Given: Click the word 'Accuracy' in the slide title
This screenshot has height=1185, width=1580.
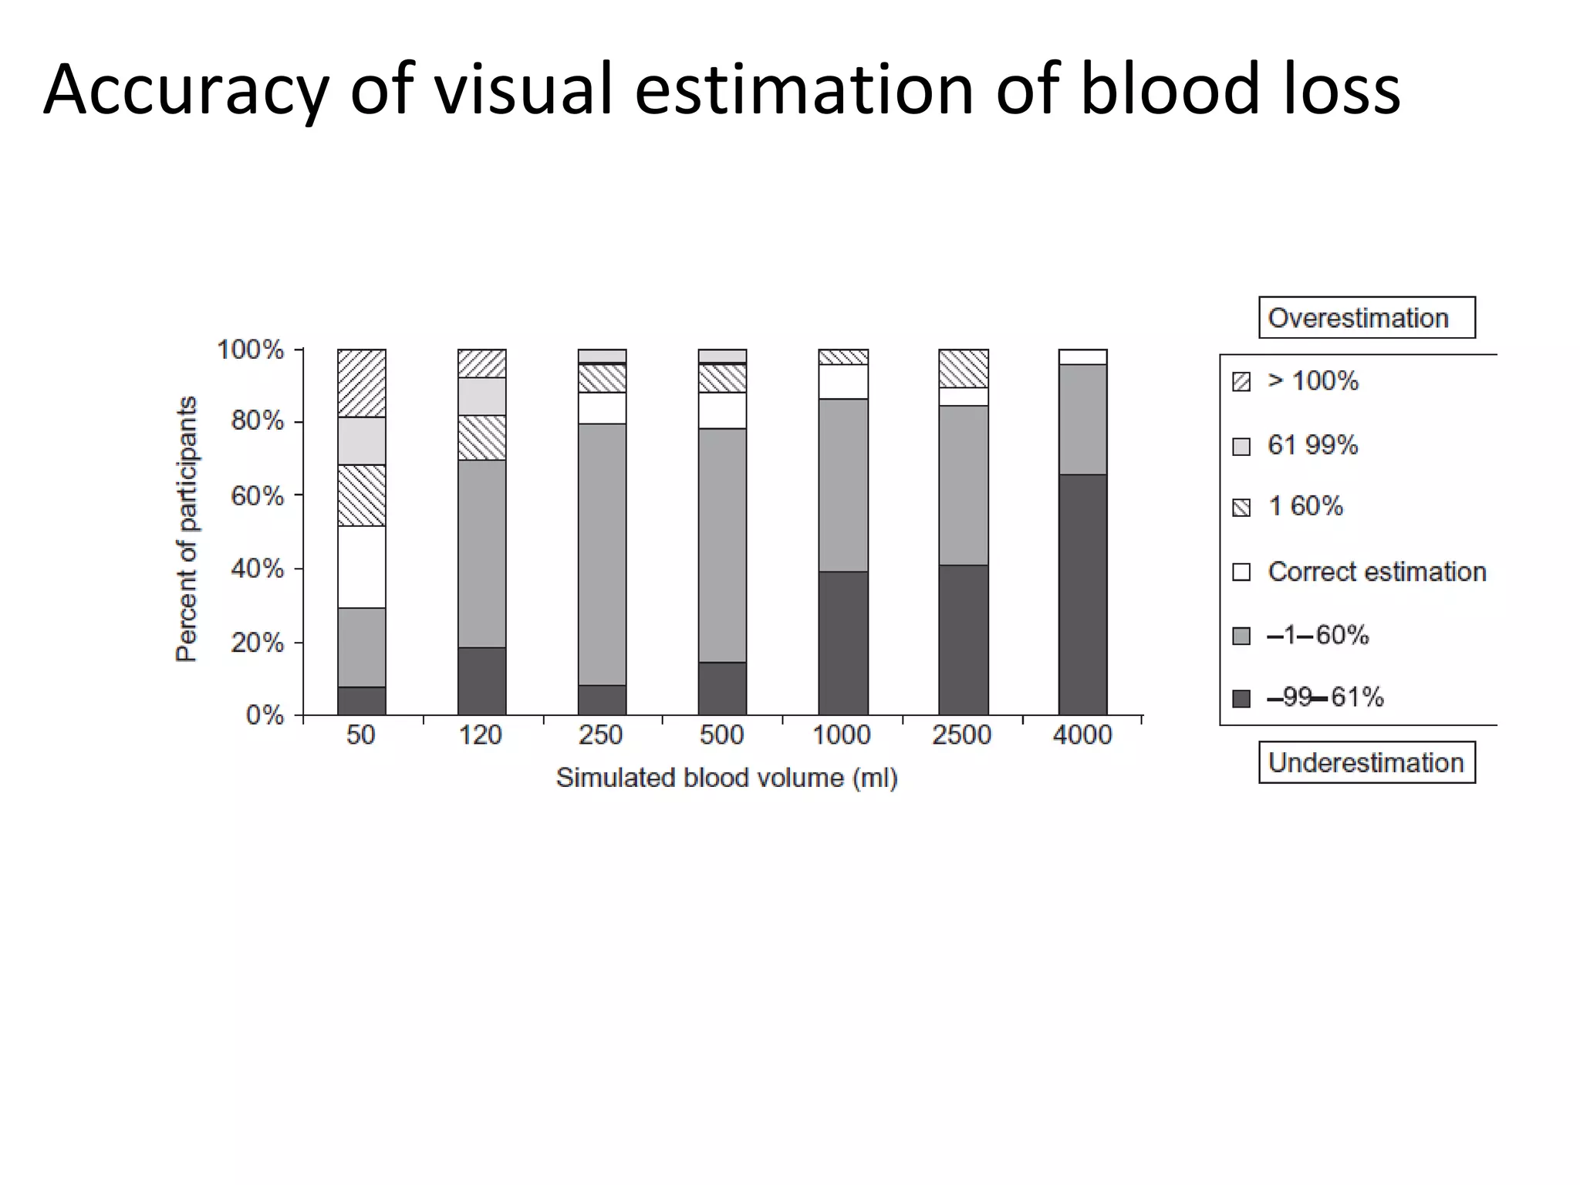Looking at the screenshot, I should pos(186,91).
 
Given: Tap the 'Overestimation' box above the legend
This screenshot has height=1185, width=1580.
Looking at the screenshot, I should pos(1366,318).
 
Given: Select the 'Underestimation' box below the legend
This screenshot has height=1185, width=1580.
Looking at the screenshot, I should pos(1366,762).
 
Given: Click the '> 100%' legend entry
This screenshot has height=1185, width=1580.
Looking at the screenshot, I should pos(1312,381).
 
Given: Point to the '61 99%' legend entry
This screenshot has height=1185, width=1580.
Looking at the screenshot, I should pos(1312,445).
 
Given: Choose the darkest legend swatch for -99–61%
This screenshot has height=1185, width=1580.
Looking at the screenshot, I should pos(1241,699).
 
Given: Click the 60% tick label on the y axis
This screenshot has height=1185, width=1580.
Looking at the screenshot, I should pos(257,495).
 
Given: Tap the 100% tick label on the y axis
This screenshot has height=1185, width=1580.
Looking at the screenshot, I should pos(251,350).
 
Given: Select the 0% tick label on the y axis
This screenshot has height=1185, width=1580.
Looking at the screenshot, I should pos(265,715).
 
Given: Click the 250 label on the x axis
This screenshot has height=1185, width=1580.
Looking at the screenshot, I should pos(601,735).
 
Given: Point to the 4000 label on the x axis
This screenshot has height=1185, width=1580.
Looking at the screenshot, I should pos(1082,735).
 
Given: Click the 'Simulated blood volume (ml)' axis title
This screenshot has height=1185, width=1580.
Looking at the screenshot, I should pos(727,778).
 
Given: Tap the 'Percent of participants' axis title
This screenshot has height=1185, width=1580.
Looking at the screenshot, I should pos(187,529).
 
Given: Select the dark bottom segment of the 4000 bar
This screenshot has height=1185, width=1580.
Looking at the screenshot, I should pos(1082,595).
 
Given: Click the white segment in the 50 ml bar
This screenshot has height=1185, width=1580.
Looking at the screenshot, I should pos(362,567).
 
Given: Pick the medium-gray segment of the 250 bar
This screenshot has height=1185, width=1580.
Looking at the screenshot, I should pos(602,554).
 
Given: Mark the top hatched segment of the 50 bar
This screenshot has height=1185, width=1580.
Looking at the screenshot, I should pos(362,383).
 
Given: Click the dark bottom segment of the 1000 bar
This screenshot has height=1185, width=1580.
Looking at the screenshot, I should pos(842,643).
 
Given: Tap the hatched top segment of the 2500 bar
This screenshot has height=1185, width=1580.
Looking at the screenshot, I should pos(963,369).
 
